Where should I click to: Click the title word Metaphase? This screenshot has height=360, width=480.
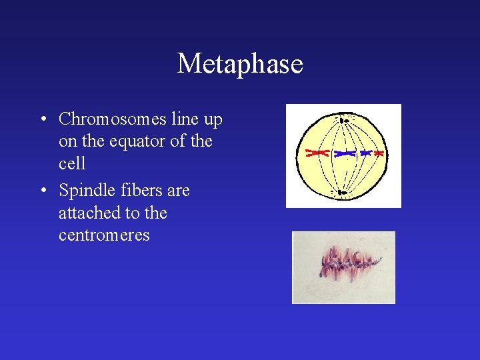(x=240, y=64)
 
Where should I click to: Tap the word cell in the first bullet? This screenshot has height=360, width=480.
(x=72, y=164)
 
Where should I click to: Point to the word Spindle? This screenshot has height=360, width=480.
(x=85, y=191)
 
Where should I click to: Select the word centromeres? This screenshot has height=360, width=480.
(x=104, y=235)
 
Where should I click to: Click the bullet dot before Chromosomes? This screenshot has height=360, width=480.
(x=42, y=120)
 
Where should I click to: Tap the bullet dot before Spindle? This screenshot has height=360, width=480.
(x=42, y=191)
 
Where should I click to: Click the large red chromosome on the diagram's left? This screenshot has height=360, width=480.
(x=317, y=153)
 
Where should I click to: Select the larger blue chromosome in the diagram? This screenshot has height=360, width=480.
(x=345, y=153)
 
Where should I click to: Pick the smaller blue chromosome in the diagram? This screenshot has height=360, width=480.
(x=365, y=153)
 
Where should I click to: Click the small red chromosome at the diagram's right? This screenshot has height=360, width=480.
(x=379, y=153)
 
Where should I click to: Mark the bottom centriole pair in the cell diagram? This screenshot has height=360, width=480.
(x=341, y=193)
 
